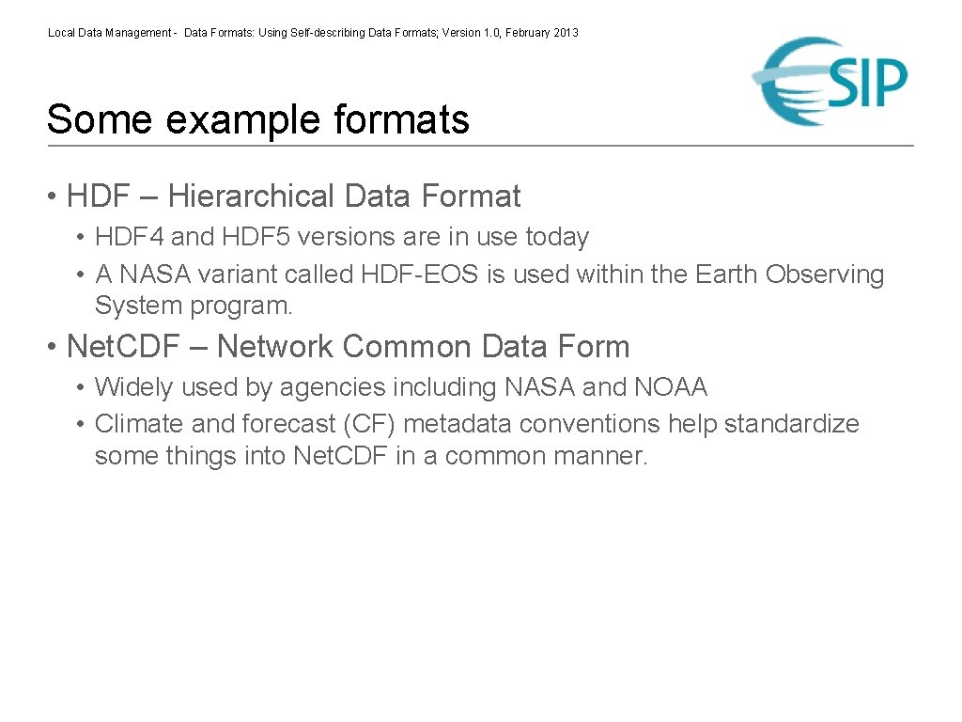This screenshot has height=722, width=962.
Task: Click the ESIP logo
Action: (830, 81)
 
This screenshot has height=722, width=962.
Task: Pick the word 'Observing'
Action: (825, 275)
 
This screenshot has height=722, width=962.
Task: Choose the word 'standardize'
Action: (791, 424)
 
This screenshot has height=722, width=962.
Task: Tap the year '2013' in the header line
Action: (566, 33)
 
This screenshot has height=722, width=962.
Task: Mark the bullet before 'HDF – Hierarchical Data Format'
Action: (54, 197)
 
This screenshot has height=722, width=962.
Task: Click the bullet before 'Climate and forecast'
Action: (83, 425)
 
